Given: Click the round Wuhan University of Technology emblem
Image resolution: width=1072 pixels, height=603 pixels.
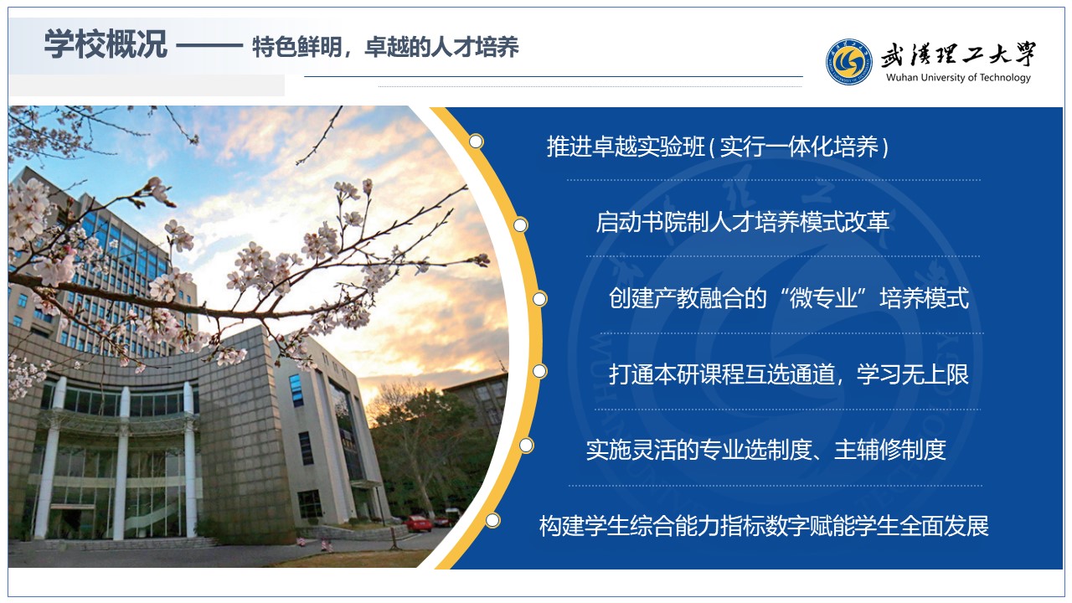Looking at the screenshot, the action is pos(848,62).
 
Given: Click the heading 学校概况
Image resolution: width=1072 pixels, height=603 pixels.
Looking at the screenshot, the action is pos(106,44).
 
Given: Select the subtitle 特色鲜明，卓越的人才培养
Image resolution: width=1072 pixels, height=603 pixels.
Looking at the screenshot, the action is pos(385,47).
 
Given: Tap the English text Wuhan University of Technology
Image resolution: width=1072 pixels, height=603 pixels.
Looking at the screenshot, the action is pos(958,78).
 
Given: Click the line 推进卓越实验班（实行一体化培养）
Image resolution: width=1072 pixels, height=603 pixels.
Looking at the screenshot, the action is pos(718,147).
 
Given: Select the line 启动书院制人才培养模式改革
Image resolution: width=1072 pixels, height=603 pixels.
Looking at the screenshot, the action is pos(742,222).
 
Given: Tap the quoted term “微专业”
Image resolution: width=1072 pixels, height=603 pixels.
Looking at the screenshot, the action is pos(823,297).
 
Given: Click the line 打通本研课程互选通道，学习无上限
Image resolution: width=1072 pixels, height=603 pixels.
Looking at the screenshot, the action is pos(789,374).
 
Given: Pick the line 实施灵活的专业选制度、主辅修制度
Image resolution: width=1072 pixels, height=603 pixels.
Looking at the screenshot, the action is pos(765,450).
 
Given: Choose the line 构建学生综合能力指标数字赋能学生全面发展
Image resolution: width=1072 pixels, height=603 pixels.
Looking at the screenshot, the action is pos(764,526).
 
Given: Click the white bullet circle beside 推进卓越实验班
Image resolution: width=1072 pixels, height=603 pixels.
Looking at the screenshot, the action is pos(476,142).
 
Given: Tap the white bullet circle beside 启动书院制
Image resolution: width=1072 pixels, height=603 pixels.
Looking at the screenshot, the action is pos(520,225).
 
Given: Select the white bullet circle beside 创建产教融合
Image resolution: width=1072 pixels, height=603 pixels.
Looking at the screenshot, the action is pos(539,299).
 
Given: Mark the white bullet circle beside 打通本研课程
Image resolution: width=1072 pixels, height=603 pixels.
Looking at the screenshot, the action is pos(539,371).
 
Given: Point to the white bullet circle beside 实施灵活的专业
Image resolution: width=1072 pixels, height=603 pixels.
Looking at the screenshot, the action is pos(526,446).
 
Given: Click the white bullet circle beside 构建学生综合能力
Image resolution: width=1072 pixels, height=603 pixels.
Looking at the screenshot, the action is pos(492,520).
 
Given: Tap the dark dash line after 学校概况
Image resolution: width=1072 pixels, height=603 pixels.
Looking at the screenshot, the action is pos(209,46).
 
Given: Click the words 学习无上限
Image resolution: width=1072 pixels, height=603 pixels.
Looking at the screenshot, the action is pos(913,374).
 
